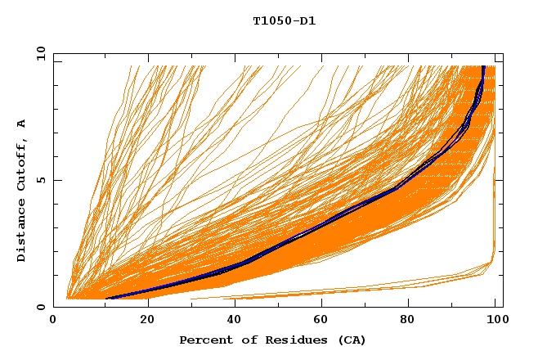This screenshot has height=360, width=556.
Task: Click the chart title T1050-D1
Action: point(284,20)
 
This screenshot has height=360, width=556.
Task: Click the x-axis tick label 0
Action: point(53,321)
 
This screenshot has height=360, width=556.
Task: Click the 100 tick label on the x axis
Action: point(495,321)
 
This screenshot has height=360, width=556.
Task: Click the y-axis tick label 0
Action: point(40,308)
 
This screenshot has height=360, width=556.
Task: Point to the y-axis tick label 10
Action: point(38,53)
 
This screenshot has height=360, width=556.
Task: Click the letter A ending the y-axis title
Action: point(22,123)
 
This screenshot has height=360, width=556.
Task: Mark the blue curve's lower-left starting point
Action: point(108,299)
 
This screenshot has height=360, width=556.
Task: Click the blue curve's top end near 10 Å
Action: point(484,67)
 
